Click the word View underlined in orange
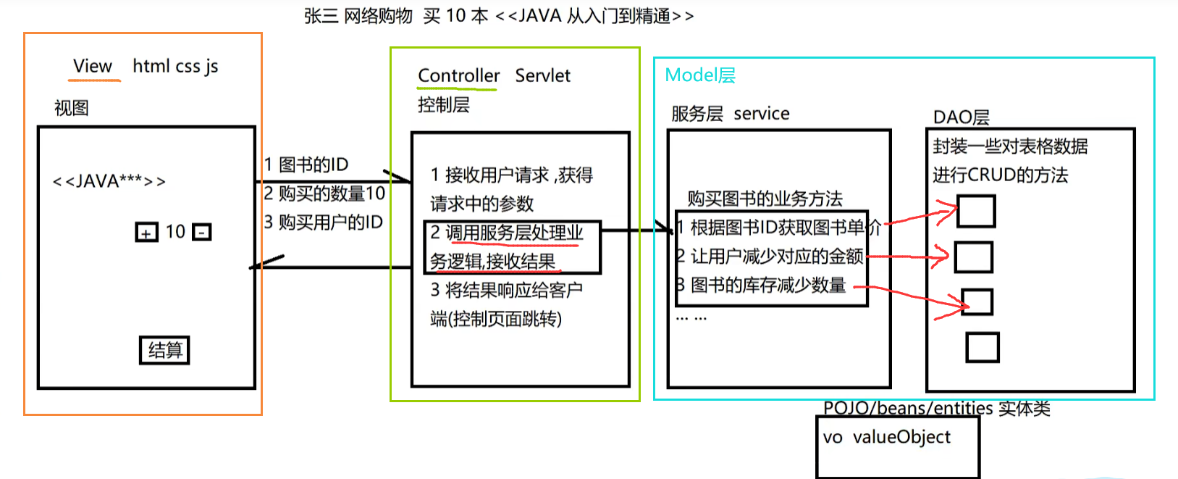pyautogui.click(x=93, y=67)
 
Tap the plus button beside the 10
pyautogui.click(x=146, y=233)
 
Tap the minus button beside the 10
pyautogui.click(x=202, y=233)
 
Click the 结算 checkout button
pyautogui.click(x=164, y=351)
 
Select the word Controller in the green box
pyautogui.click(x=458, y=76)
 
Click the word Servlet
pyautogui.click(x=542, y=76)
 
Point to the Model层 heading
pyautogui.click(x=699, y=75)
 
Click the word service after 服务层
pyautogui.click(x=761, y=114)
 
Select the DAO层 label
pyautogui.click(x=961, y=117)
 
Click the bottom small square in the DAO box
pyautogui.click(x=983, y=347)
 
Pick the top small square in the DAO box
pyautogui.click(x=976, y=211)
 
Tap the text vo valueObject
pyautogui.click(x=886, y=437)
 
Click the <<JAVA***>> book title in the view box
pyautogui.click(x=109, y=181)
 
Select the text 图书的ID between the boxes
pyautogui.click(x=314, y=165)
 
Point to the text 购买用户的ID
pyautogui.click(x=330, y=222)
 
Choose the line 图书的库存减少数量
pyautogui.click(x=767, y=286)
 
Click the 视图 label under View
pyautogui.click(x=71, y=108)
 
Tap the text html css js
pyautogui.click(x=175, y=67)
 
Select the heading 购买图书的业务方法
pyautogui.click(x=765, y=199)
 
